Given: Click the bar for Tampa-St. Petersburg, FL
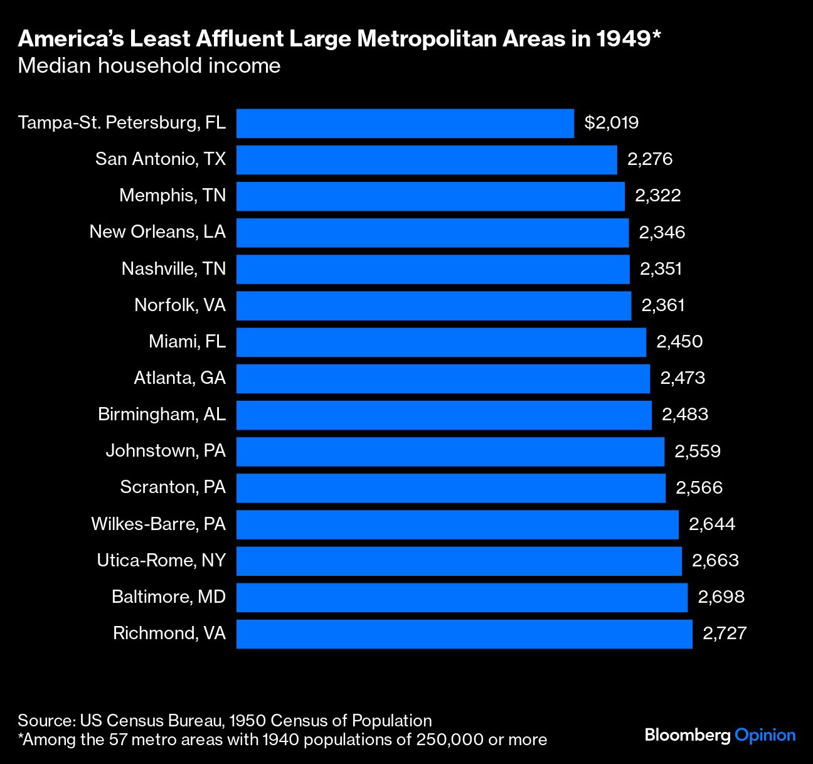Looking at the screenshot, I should point(405,123).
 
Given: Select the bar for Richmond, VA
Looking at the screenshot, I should point(464,634).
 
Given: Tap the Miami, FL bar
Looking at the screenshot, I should point(441,342).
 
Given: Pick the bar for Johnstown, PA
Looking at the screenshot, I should point(450,451).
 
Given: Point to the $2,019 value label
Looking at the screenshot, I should point(611,122).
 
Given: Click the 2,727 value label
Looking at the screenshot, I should point(725,633).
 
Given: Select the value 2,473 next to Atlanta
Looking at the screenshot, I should point(683,378).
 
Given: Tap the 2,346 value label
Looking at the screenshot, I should point(662,233).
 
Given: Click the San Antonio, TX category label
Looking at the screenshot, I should point(161,159).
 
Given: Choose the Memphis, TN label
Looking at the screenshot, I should point(173,196).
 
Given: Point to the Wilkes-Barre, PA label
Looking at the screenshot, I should point(158,524).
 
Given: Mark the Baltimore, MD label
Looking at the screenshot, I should point(169,597).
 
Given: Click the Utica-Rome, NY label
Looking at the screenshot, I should point(161,560).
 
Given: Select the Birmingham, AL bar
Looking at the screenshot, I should point(444,415).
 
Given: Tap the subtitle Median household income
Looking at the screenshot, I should point(149,66).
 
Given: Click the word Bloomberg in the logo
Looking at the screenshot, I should point(688,735).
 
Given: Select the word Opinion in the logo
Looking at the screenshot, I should point(765,735).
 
